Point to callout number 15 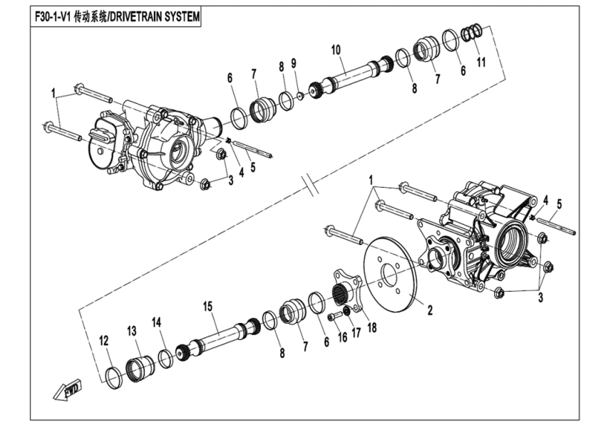pyautogui.click(x=207, y=306)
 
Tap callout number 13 pyautogui.click(x=132, y=331)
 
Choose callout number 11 pyautogui.click(x=481, y=62)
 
